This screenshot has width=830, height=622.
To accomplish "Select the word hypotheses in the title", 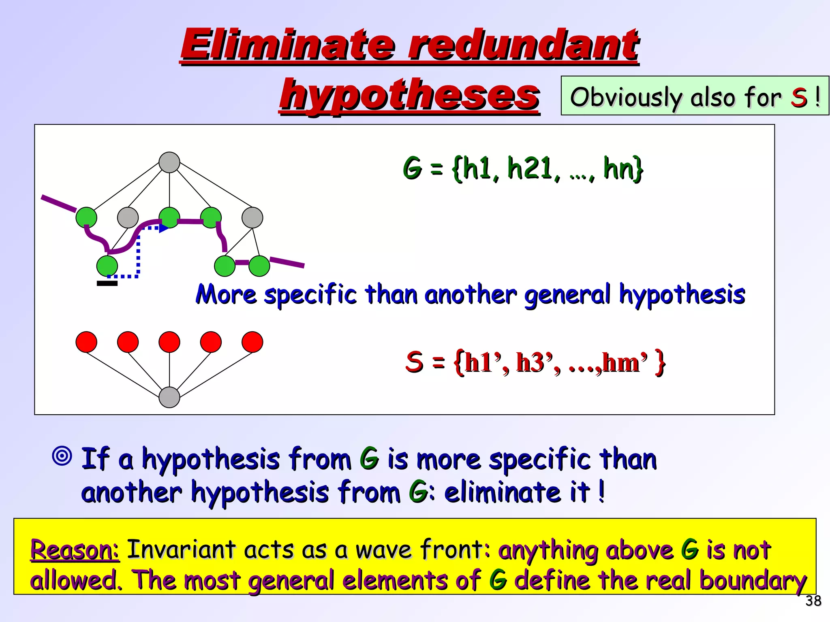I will [x=409, y=95].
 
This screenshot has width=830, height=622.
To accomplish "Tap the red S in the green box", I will [x=799, y=97].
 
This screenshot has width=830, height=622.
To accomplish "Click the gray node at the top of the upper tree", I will [x=169, y=162].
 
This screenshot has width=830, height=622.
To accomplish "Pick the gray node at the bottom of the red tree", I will [x=169, y=397].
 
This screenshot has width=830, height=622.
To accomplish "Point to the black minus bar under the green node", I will [x=107, y=283].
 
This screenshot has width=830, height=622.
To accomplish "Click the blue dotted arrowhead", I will [x=164, y=228].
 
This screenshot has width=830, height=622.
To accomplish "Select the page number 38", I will [x=813, y=601].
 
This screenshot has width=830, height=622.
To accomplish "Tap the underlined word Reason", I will [x=75, y=550].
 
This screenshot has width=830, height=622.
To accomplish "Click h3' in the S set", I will [x=535, y=362].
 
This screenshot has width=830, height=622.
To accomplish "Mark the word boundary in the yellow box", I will [x=753, y=580].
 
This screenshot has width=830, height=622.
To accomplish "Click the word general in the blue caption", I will [x=567, y=294].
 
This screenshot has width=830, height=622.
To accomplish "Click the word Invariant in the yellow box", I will [x=181, y=550].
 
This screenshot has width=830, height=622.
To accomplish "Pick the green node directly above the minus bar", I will [x=107, y=266].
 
